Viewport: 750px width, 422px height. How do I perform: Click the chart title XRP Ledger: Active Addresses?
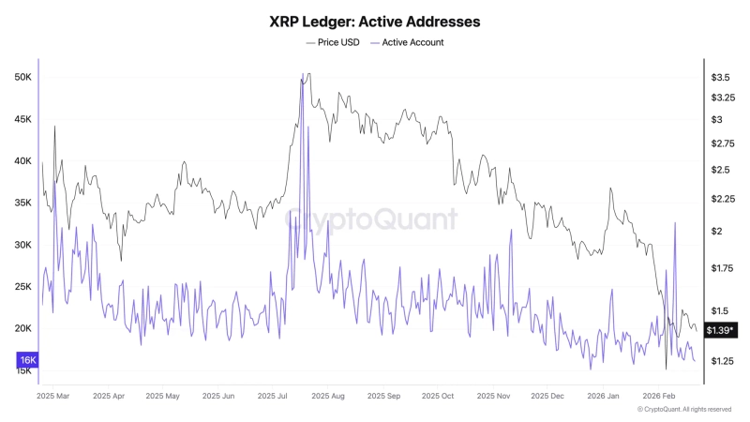pos(375,20)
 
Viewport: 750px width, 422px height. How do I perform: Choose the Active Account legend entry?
pos(408,42)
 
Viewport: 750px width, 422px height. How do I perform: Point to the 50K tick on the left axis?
pos(23,77)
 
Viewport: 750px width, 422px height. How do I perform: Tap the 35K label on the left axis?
pos(23,203)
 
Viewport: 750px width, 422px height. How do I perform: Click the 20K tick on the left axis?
pos(23,328)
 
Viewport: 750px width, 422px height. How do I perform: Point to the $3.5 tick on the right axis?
pos(721,77)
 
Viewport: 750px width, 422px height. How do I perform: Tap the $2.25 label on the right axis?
pos(723,199)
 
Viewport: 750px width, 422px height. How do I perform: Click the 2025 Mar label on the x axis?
pos(52,396)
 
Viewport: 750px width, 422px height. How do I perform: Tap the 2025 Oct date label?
pos(435,396)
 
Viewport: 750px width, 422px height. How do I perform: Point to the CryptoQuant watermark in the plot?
pos(372,219)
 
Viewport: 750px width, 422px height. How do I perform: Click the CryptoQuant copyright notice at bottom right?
pos(684,409)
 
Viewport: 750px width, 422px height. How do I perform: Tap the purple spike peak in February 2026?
pos(675,223)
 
